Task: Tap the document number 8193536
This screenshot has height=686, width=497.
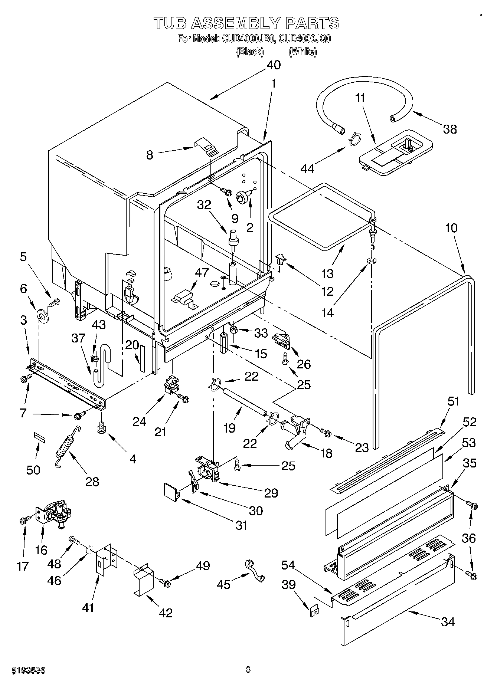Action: point(29,670)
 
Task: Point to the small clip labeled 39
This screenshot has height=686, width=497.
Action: point(314,608)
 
